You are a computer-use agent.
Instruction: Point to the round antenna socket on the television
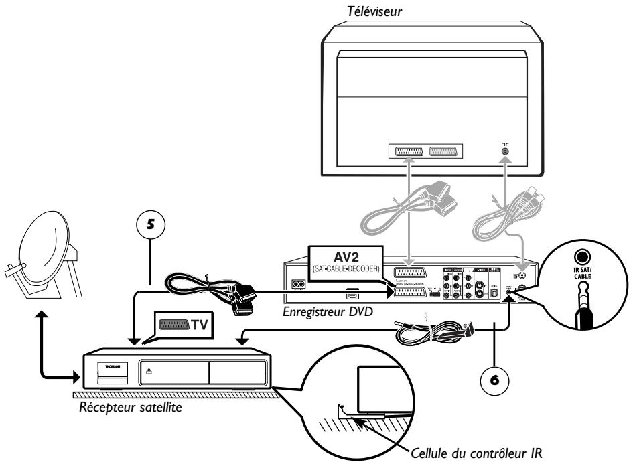504,152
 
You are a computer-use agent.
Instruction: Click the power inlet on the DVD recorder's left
296,282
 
